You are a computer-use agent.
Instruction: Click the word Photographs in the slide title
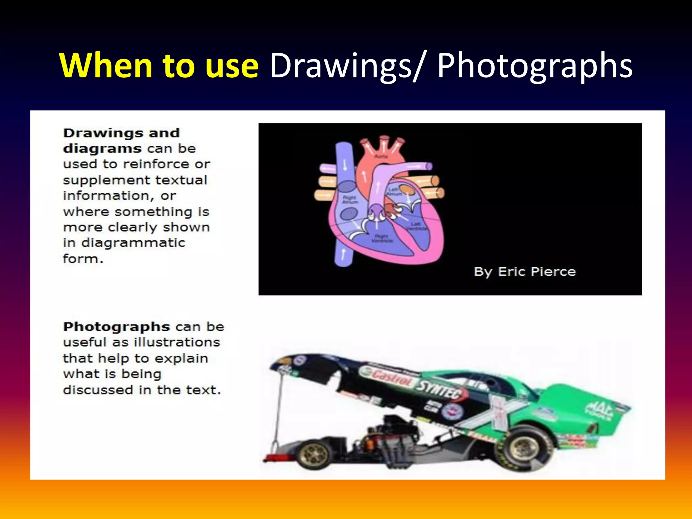(535, 66)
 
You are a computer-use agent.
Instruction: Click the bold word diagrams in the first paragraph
(102, 149)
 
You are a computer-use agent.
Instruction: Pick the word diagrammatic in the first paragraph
(133, 243)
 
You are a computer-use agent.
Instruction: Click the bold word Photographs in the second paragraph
(117, 327)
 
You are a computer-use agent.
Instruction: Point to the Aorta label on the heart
(381, 156)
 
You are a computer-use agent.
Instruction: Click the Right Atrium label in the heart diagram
(349, 199)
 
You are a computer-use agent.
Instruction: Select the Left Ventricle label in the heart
(416, 226)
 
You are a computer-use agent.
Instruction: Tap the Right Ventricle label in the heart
(382, 238)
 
